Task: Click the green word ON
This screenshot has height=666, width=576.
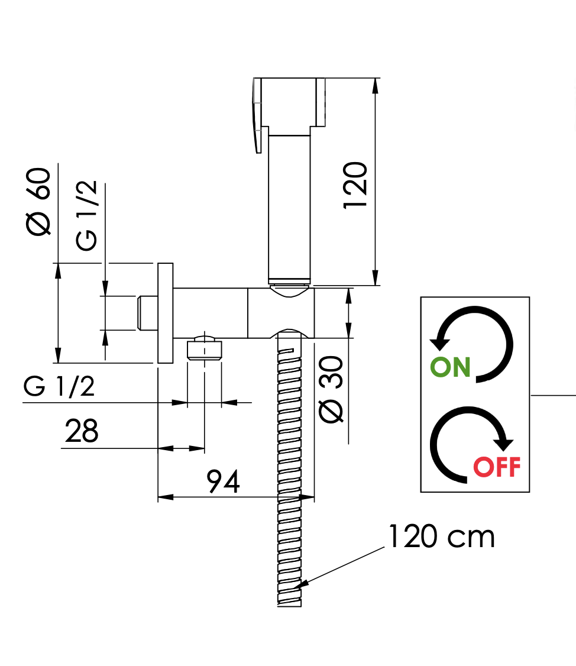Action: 451,367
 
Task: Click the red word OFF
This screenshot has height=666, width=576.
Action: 497,467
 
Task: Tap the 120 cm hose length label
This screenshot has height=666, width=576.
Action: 441,536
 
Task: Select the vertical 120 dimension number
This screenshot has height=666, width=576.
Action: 356,185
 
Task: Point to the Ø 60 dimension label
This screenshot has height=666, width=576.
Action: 40,202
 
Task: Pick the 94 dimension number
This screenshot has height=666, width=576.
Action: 224,482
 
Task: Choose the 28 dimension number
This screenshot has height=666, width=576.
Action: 82,431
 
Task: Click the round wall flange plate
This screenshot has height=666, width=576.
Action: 165,313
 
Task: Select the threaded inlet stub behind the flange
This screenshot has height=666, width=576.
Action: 147,313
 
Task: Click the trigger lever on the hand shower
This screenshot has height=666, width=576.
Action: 258,115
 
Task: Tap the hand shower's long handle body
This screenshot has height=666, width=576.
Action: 290,207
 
